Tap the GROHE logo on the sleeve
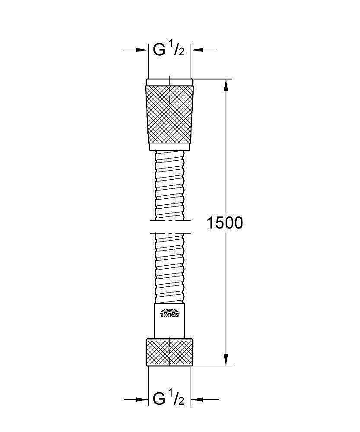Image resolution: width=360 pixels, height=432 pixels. point(170,314)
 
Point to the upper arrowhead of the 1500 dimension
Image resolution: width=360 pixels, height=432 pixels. point(226,84)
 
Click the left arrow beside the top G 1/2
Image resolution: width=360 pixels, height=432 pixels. point(136,50)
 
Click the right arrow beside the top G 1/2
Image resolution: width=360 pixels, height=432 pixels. point(203,50)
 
